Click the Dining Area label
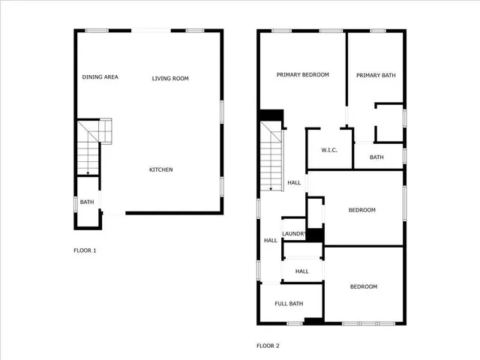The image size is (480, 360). point(100,77)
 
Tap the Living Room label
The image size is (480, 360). point(170,78)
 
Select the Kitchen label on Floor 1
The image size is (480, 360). point(160,169)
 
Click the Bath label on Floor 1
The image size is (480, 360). point(87,202)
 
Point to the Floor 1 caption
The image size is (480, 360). point(85,250)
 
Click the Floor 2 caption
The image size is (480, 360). point(268,346)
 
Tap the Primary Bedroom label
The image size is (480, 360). point(302,75)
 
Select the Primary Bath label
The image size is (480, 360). point(376,75)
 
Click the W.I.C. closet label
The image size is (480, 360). point(329,150)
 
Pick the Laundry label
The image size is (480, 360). point(293,234)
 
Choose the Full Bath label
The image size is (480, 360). point(289,304)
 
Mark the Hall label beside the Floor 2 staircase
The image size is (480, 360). point(294,182)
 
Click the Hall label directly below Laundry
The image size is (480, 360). point(301,271)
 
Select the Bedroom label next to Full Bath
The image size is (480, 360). point(364,286)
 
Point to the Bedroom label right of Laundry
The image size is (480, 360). point(362,210)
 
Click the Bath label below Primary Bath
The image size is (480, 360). point(376,157)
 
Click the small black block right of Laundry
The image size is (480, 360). point(315,235)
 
